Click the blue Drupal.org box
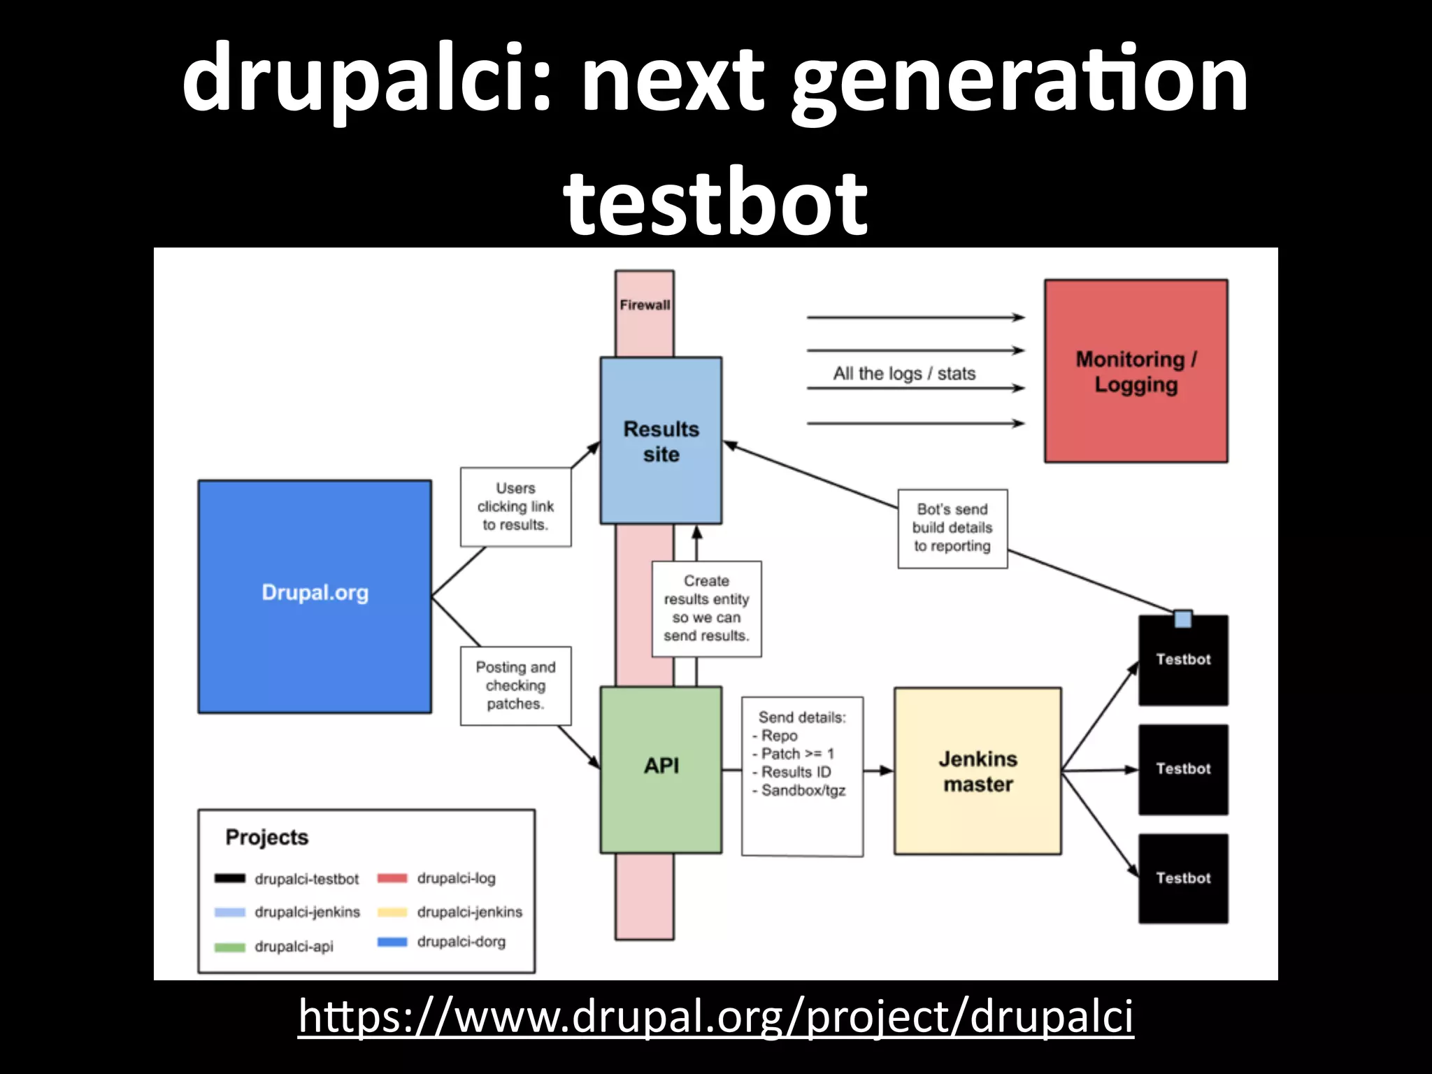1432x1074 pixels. click(315, 596)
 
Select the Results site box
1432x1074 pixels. click(661, 441)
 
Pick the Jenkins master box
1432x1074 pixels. click(978, 771)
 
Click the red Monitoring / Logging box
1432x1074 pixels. click(1136, 371)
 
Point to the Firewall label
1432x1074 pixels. click(644, 305)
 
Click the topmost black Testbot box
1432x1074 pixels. click(1183, 660)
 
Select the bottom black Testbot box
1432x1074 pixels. click(1183, 878)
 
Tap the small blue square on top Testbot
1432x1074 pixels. click(1183, 619)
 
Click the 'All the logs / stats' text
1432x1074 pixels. click(904, 373)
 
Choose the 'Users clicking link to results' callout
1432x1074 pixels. click(515, 506)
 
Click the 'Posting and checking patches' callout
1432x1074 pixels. click(515, 685)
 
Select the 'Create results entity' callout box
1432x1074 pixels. click(706, 608)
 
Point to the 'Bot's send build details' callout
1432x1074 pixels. click(952, 528)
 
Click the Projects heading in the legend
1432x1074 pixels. click(266, 837)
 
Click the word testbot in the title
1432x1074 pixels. click(715, 203)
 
